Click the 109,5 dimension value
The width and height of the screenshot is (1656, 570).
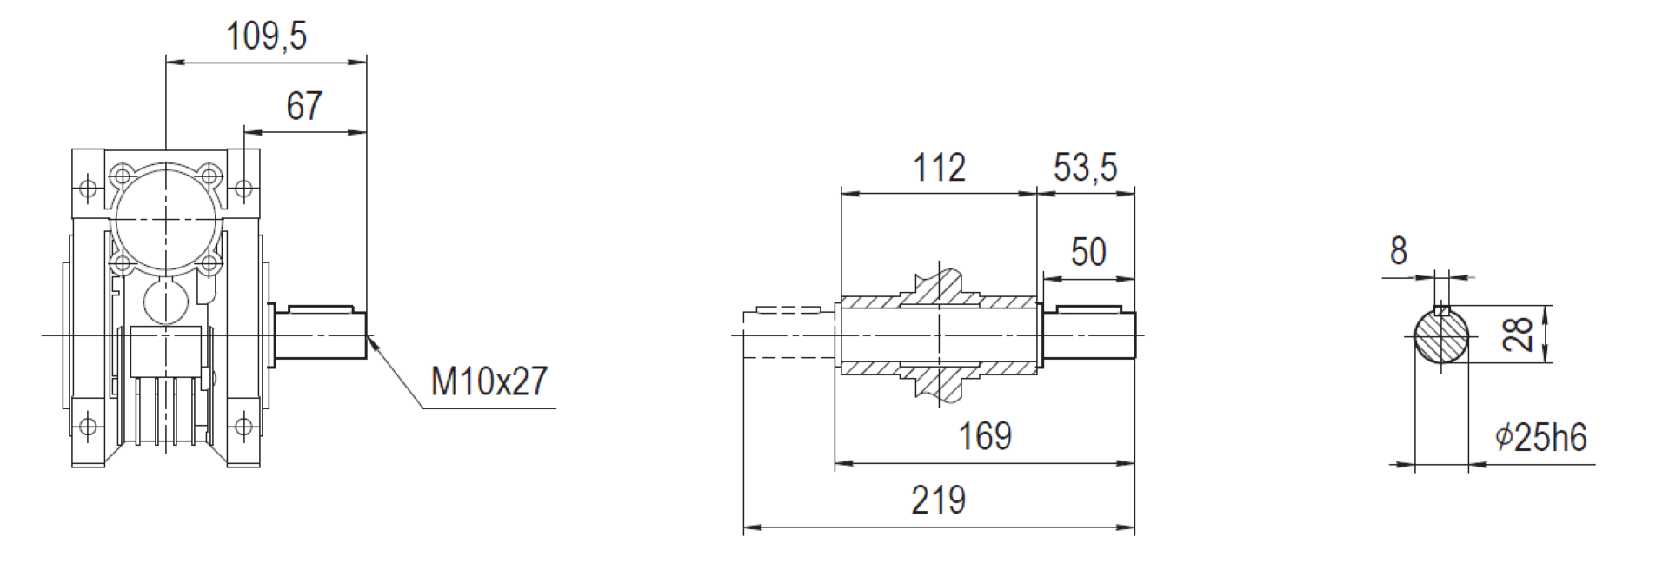[x=266, y=36]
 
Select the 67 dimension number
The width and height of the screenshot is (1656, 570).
[x=304, y=106]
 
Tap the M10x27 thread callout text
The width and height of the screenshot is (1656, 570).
[x=489, y=381]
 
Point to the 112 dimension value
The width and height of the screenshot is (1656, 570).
[x=939, y=168]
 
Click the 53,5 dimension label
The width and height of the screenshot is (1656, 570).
[x=1085, y=168]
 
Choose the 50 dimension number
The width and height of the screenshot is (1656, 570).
[x=1088, y=253]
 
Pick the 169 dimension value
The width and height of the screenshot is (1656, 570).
[x=985, y=436]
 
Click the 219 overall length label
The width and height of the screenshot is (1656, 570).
[x=938, y=500]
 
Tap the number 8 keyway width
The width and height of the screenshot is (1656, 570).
[x=1398, y=251]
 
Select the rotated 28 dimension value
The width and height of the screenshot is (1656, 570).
[x=1518, y=334]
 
